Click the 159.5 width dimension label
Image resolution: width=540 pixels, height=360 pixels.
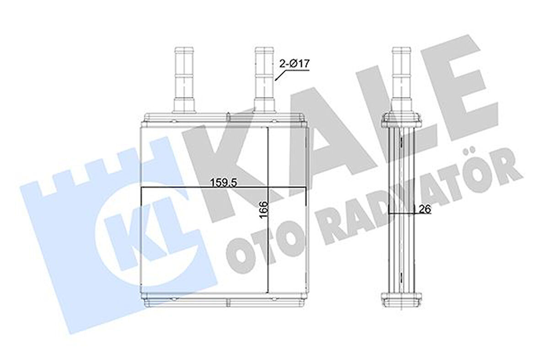point(223,182)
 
